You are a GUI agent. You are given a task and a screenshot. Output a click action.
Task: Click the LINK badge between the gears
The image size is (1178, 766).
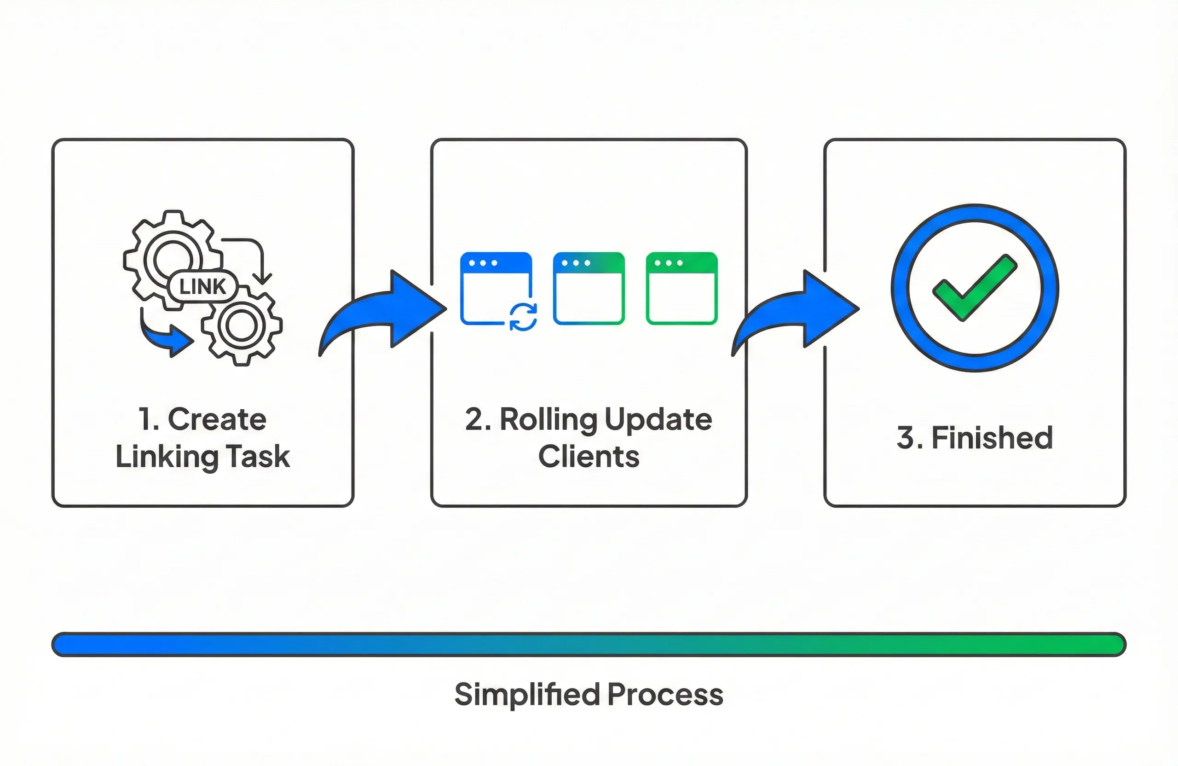(x=202, y=287)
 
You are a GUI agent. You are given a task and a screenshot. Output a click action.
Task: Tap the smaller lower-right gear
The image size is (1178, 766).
(x=242, y=326)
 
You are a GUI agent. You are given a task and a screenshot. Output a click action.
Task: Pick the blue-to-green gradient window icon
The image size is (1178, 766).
(x=589, y=288)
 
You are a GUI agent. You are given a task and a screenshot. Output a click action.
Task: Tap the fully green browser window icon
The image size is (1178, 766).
(x=681, y=288)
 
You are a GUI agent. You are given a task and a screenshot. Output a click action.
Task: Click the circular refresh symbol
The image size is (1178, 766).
(x=523, y=317)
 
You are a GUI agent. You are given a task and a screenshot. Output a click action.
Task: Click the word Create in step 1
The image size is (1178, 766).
(x=217, y=419)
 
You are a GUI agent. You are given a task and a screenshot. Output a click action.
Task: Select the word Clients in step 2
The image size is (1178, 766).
(x=589, y=457)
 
